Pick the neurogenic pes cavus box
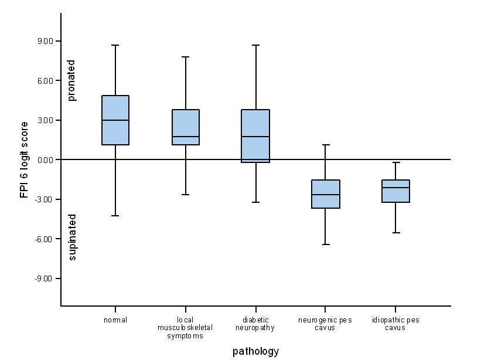326,194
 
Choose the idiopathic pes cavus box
395,191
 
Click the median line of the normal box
115,120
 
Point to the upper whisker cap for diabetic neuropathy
256,45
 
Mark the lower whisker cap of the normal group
115,216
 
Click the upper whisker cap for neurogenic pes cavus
326,145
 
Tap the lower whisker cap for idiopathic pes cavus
395,233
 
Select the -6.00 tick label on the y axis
44,239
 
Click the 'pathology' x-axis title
255,352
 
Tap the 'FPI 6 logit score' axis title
25,159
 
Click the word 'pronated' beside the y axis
72,80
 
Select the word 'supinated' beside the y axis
72,237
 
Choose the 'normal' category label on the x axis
115,320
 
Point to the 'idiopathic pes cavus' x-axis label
395,324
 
